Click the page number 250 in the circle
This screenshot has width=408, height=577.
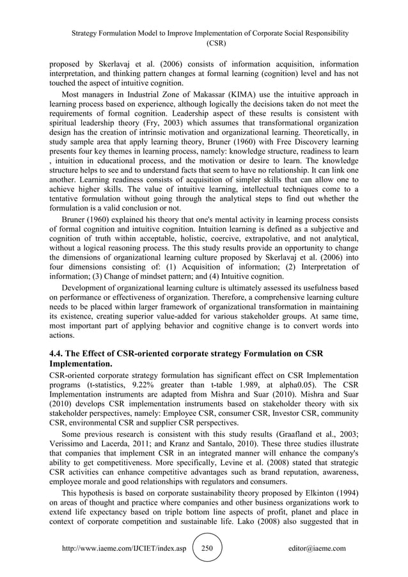(x=206, y=548)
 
